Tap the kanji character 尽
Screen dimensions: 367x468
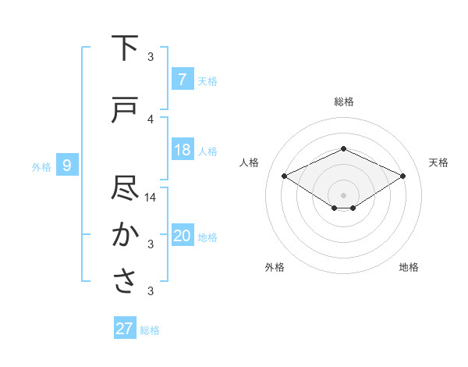pyautogui.click(x=126, y=188)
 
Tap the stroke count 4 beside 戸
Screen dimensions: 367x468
pyautogui.click(x=151, y=119)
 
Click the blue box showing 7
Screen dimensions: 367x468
pyautogui.click(x=182, y=79)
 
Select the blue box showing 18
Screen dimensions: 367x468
pyautogui.click(x=182, y=150)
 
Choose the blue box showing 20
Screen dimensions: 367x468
pyautogui.click(x=182, y=236)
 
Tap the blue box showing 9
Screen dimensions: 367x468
pyautogui.click(x=67, y=165)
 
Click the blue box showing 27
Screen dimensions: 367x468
pyautogui.click(x=125, y=329)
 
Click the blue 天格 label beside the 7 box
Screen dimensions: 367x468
pyautogui.click(x=207, y=80)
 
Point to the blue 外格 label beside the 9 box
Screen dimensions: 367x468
pyautogui.click(x=41, y=166)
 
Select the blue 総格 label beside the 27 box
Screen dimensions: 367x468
pyautogui.click(x=150, y=330)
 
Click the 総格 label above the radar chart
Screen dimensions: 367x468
pyautogui.click(x=344, y=102)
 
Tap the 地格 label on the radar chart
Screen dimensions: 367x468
pyautogui.click(x=409, y=267)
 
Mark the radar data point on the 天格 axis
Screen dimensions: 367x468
pyautogui.click(x=403, y=176)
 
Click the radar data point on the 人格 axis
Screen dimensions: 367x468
pyautogui.click(x=284, y=176)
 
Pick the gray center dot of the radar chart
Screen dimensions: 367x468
pyautogui.click(x=343, y=194)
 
